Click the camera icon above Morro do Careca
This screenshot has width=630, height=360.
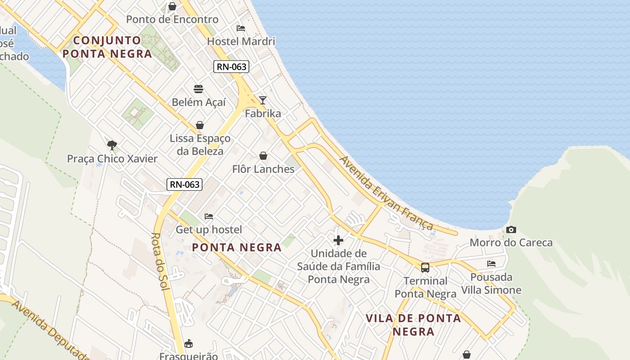511,230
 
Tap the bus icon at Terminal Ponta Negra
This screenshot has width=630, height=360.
425,268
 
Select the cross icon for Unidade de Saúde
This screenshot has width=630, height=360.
338,240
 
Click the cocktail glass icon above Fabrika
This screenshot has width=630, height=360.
263,100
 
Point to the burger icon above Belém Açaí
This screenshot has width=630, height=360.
198,89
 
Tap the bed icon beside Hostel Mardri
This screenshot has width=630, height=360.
241,28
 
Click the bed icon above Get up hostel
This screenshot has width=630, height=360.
209,216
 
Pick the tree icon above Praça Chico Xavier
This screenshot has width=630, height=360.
112,145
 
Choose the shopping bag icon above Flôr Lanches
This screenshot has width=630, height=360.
263,156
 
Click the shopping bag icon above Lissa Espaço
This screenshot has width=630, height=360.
200,125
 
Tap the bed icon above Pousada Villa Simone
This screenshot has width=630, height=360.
491,263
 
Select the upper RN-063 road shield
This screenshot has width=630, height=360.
231,67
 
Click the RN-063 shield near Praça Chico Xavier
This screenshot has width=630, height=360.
184,184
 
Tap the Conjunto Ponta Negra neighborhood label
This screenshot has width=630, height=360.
107,47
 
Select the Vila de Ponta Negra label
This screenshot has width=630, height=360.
413,325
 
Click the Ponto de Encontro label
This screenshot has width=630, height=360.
172,19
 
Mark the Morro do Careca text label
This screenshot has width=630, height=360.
511,243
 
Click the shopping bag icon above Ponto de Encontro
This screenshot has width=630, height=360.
172,6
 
